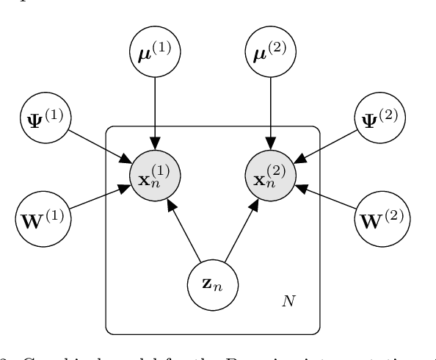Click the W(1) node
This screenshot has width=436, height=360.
tap(43, 219)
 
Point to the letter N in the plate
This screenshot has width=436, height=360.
tap(288, 301)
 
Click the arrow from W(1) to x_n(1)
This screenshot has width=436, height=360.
tap(98, 198)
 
